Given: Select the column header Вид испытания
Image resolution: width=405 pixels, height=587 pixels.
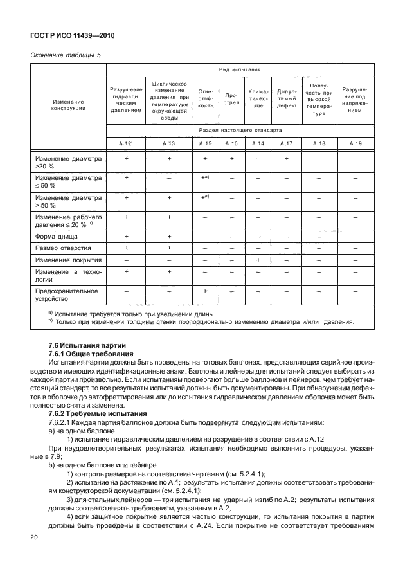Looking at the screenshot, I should point(239,69).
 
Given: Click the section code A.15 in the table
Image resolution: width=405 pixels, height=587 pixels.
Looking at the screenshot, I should point(205,143).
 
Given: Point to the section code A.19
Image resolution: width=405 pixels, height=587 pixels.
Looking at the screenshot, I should point(355,143).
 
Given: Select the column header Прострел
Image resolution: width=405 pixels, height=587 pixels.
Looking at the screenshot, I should point(232,98).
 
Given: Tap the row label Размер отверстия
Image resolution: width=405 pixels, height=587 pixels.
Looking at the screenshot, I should point(62,248).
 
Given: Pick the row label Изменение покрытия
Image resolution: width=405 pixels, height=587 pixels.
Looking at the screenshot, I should point(68,260).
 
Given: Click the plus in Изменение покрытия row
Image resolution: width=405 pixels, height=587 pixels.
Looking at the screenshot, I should point(258,260).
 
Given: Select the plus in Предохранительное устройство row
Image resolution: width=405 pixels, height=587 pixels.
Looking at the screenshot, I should point(205,291).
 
